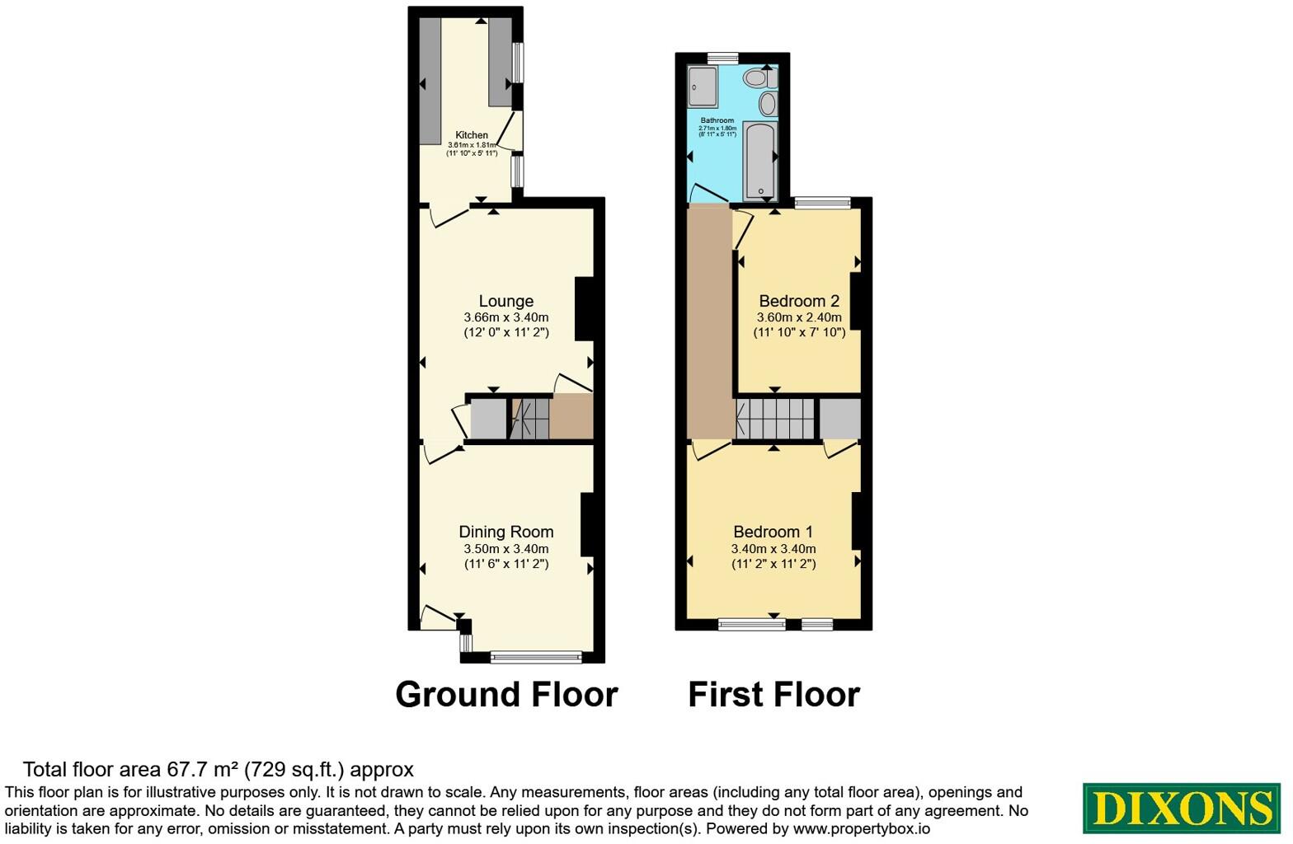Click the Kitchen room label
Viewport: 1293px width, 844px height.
click(x=472, y=135)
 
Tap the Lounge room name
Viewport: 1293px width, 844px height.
click(x=506, y=301)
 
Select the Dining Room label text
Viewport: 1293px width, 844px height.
click(x=506, y=532)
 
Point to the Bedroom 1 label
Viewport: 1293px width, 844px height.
click(x=773, y=532)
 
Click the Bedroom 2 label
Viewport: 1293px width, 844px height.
click(x=799, y=301)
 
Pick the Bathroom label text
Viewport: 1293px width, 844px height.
click(x=717, y=120)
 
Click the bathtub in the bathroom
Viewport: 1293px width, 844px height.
click(x=758, y=160)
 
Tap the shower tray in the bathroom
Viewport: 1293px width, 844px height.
click(x=703, y=87)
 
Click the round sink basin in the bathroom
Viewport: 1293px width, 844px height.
click(x=768, y=105)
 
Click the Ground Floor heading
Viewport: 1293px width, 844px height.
click(x=506, y=694)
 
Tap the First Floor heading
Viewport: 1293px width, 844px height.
click(x=774, y=694)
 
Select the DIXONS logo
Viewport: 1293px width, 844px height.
click(x=1181, y=809)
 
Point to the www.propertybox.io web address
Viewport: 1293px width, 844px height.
click(x=861, y=829)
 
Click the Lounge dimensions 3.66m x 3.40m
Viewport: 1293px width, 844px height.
click(x=506, y=317)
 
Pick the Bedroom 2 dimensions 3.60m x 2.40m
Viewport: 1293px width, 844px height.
click(x=799, y=317)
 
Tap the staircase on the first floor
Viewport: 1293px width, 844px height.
click(x=774, y=419)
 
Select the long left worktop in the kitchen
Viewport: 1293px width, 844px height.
click(x=430, y=82)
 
